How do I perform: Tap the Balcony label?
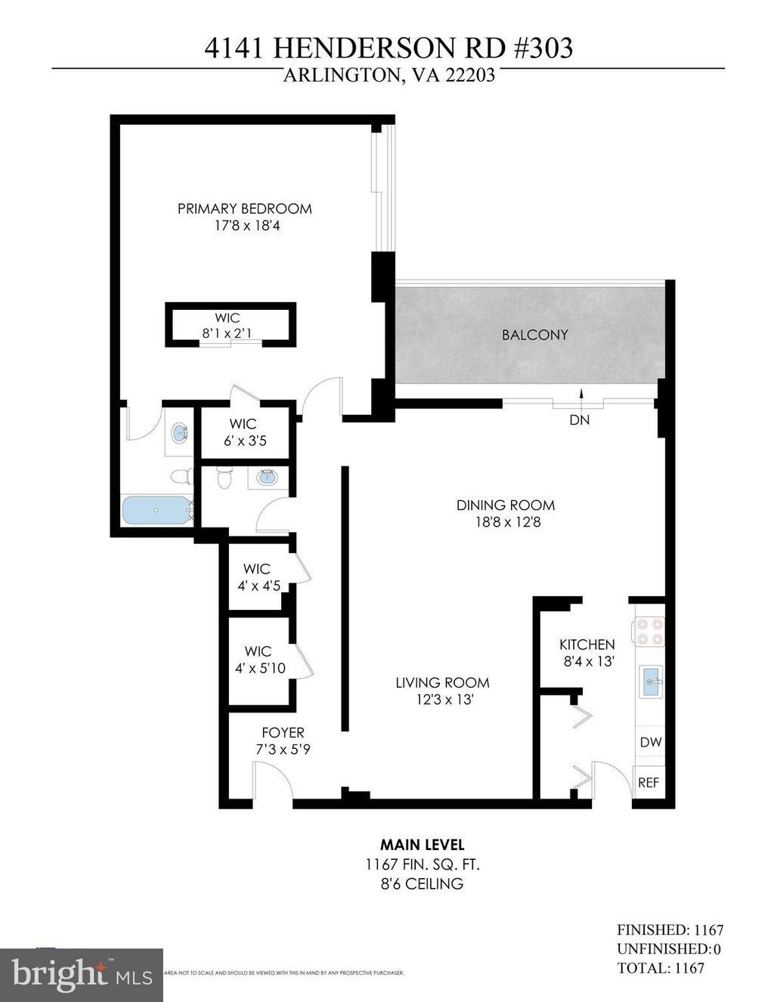pos(534,335)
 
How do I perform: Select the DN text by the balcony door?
pos(579,420)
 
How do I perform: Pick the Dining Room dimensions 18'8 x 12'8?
pos(505,522)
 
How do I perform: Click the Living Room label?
pos(442,682)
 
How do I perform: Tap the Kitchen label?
pos(587,645)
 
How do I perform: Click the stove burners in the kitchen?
pos(649,632)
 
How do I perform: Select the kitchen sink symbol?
pos(650,684)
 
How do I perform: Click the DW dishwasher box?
pos(650,742)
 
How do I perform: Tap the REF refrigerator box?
pos(649,783)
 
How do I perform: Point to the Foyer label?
pos(283,732)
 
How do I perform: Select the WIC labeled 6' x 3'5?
pos(244,432)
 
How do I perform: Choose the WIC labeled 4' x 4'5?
pos(257,577)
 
